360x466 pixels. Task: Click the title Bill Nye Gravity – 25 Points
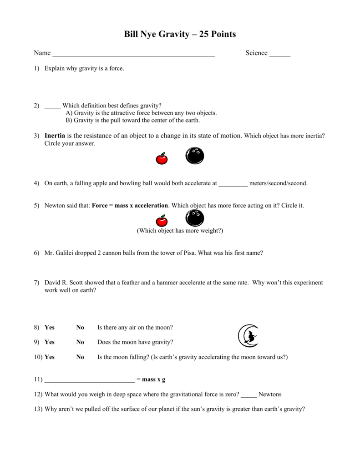(x=180, y=35)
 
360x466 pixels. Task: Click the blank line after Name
(x=133, y=54)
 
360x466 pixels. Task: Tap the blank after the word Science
(x=279, y=54)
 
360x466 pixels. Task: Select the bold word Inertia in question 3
(x=55, y=136)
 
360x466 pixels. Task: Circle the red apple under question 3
(x=162, y=158)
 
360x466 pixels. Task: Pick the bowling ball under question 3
(x=195, y=156)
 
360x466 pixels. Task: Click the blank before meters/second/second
(x=233, y=184)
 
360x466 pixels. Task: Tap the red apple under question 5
(x=162, y=221)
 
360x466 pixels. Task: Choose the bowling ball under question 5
(x=195, y=218)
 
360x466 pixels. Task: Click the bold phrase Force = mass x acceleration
(x=130, y=206)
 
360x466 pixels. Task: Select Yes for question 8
(x=49, y=328)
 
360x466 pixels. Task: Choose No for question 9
(x=80, y=342)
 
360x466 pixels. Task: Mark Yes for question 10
(x=49, y=357)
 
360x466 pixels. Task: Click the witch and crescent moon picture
(x=248, y=336)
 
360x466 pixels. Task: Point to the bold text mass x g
(x=154, y=380)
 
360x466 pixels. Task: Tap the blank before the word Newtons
(x=249, y=395)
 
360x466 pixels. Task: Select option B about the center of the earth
(x=133, y=121)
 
